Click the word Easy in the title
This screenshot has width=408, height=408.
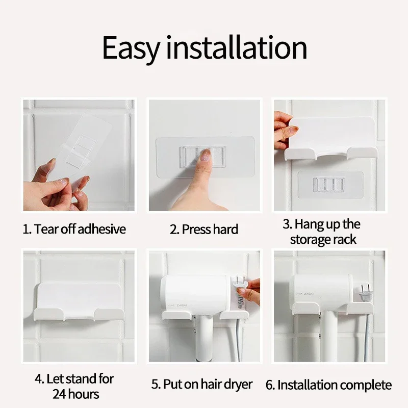pos(131,48)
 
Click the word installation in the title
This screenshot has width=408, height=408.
pos(237,47)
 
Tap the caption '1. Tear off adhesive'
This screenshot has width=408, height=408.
pos(74,229)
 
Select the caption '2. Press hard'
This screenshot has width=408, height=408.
pos(203,229)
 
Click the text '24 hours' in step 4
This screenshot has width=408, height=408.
pos(75,394)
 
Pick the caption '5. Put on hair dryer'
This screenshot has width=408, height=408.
pos(202,385)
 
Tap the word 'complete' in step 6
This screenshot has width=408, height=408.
pos(365,386)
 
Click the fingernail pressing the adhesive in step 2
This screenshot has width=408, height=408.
pos(207,154)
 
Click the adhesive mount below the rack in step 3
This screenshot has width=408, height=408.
pos(330,185)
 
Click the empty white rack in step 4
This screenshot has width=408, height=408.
pos(78,302)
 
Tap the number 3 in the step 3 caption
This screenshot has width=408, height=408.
pos(286,224)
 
